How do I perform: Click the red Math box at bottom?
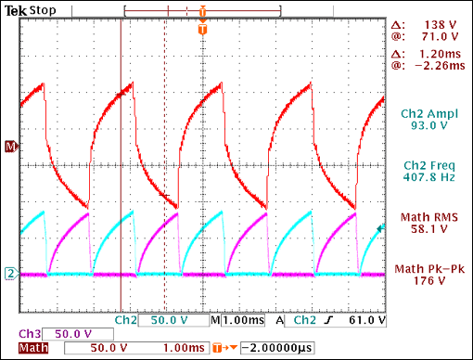tap(33, 349)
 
